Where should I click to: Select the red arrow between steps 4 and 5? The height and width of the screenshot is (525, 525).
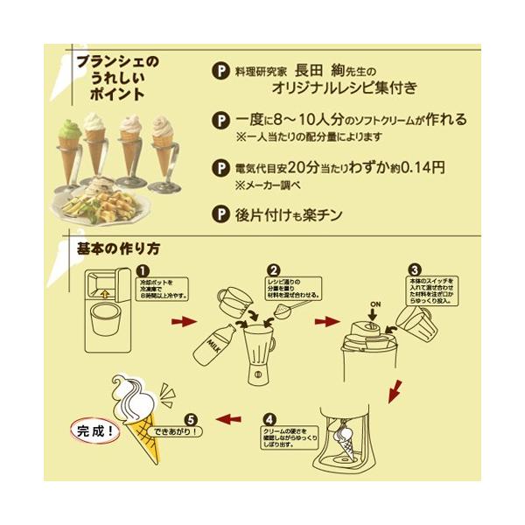(x=230, y=419)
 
